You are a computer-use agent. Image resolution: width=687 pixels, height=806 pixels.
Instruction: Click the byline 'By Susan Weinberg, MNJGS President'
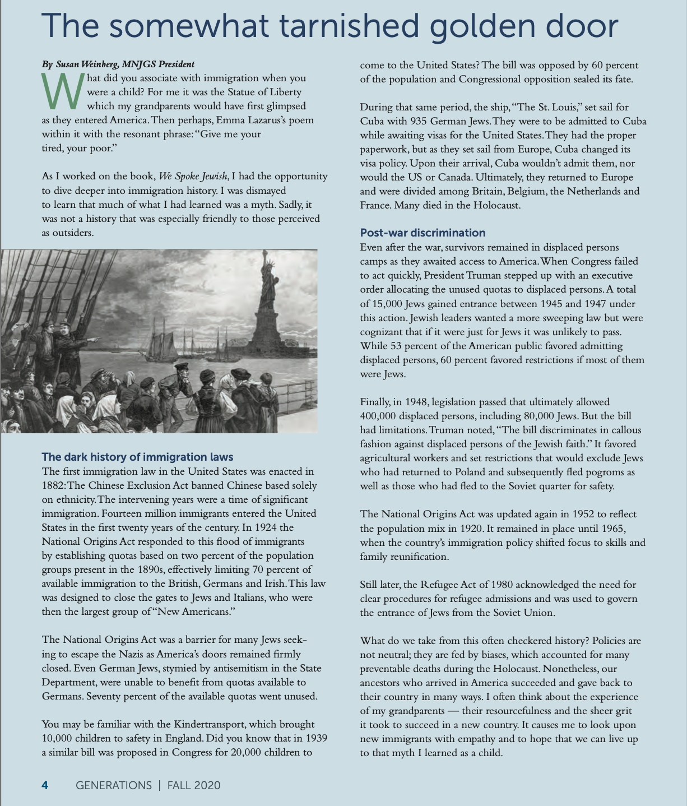coord(118,64)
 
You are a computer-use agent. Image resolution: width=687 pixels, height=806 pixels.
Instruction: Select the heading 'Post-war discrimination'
coord(423,233)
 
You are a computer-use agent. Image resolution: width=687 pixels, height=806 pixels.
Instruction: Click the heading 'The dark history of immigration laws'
coord(137,457)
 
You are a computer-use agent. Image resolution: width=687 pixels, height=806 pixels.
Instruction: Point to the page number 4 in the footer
coord(45,785)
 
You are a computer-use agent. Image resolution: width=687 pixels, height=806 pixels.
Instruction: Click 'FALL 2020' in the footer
coord(193,785)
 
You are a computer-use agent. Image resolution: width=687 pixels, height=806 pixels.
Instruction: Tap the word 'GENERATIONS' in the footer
coord(114,785)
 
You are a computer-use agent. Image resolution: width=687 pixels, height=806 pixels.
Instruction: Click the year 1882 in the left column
coord(54,485)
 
